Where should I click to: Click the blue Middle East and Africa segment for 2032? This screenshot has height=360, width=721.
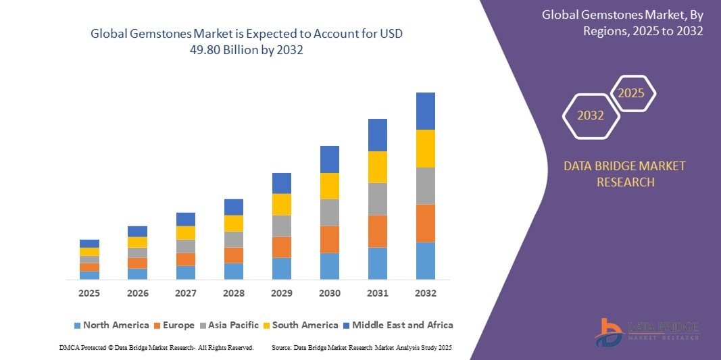pos(425,111)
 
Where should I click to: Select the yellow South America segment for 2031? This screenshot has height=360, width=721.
pos(377,167)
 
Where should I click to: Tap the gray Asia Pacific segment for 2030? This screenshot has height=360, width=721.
pos(329,212)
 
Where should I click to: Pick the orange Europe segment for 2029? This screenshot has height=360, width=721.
pos(281,247)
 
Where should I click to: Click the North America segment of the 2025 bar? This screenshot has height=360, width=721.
pos(89,275)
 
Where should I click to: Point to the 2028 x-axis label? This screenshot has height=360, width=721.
pos(233,293)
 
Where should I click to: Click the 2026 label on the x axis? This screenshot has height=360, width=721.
pos(137,293)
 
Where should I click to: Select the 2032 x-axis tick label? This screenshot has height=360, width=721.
pos(425,293)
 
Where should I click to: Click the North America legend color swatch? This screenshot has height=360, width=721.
pos(77,326)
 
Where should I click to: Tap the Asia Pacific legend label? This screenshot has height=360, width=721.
pos(233,325)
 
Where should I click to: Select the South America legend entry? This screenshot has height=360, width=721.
pos(305,325)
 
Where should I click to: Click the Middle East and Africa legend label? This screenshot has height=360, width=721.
pos(403,325)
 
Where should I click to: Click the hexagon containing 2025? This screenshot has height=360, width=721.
pos(632,93)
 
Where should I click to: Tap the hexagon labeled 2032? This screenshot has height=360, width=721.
pos(591,115)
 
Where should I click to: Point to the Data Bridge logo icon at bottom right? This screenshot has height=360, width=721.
pos(610,332)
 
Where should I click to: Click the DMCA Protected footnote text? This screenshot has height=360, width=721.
pos(156,347)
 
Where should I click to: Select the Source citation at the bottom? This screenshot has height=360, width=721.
pos(361,347)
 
